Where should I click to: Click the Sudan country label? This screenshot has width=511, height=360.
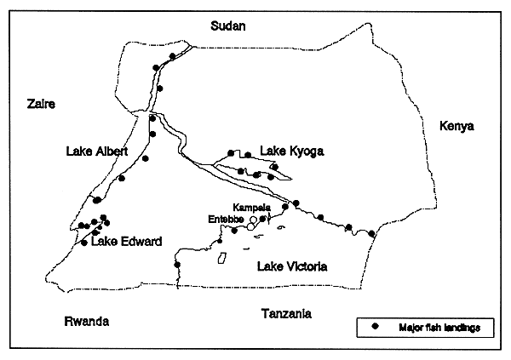click(x=228, y=26)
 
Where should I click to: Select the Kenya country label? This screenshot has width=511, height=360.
click(x=456, y=127)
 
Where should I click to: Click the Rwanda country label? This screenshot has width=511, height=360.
click(x=87, y=321)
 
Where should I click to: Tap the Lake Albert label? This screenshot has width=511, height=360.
click(x=96, y=151)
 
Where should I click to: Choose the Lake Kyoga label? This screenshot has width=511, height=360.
click(x=293, y=151)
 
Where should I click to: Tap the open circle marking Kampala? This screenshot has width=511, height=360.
click(x=253, y=220)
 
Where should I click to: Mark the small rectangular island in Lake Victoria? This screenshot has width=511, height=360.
click(x=222, y=257)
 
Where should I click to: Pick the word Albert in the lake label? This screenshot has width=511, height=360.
click(x=110, y=151)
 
